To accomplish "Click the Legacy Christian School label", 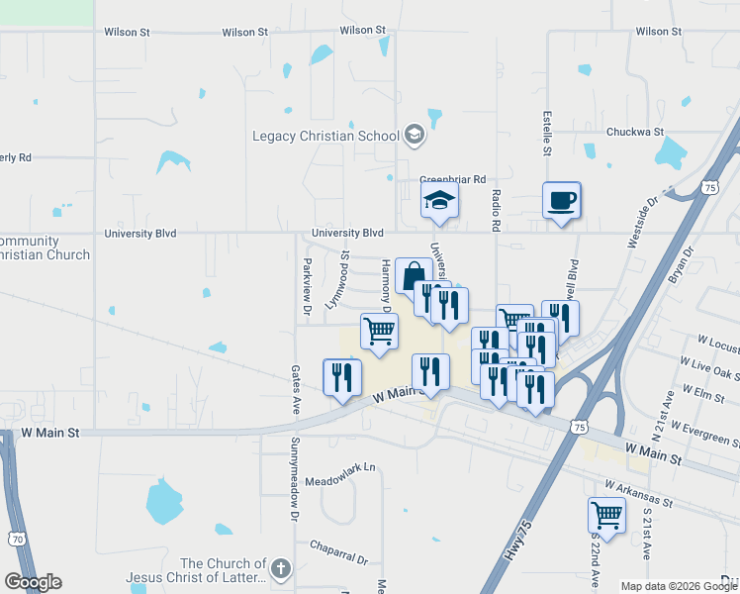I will [x=324, y=136].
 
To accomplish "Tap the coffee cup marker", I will [x=561, y=202].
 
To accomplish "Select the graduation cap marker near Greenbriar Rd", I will [x=439, y=202].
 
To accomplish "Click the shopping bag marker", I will [x=413, y=276].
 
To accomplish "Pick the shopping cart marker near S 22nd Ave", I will [x=606, y=516].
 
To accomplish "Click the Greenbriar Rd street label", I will [x=452, y=180].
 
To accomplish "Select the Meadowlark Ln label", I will [x=341, y=467].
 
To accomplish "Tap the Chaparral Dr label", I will [x=338, y=544].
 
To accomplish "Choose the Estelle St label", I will [x=546, y=134].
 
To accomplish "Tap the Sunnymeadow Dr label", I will [x=294, y=478].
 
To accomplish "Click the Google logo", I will [x=33, y=582].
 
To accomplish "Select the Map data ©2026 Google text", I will [x=678, y=586].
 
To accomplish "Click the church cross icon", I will [x=281, y=568].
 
